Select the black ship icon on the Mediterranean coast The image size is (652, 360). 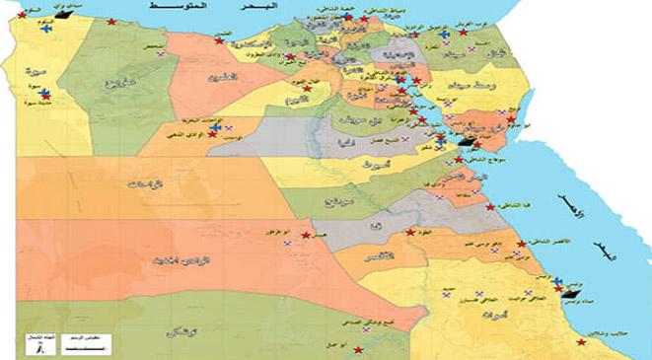[x=66, y=15]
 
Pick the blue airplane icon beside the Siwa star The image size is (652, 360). [x=46, y=95]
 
